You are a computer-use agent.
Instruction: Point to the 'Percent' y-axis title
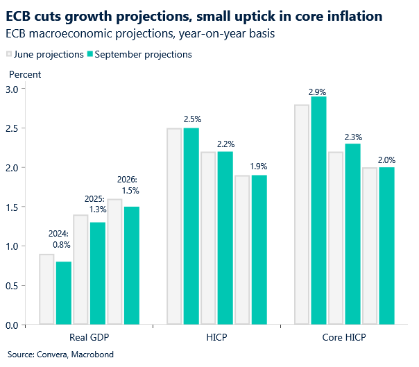pyautogui.click(x=24, y=74)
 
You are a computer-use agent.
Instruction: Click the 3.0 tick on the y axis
pyautogui.click(x=12, y=89)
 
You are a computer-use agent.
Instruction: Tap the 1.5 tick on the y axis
pyautogui.click(x=12, y=207)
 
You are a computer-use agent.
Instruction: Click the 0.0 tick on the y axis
pyautogui.click(x=12, y=325)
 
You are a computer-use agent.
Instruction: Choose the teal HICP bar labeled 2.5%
pyautogui.click(x=191, y=226)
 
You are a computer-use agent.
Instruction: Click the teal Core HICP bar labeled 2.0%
pyautogui.click(x=386, y=246)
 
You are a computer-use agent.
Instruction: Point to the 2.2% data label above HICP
pyautogui.click(x=225, y=144)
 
